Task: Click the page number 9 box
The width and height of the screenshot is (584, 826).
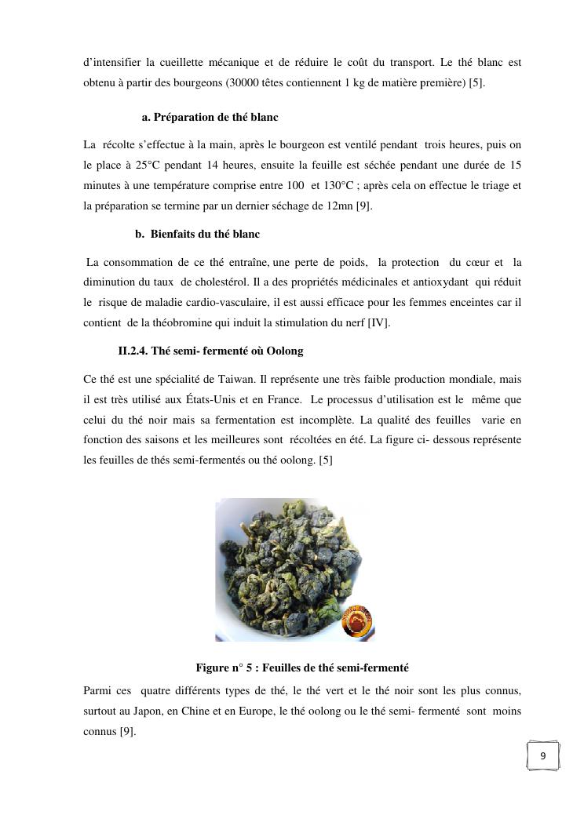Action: tap(542, 757)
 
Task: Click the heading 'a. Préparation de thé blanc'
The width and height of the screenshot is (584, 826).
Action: tap(210, 118)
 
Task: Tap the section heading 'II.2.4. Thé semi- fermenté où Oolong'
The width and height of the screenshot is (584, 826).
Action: tap(210, 351)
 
